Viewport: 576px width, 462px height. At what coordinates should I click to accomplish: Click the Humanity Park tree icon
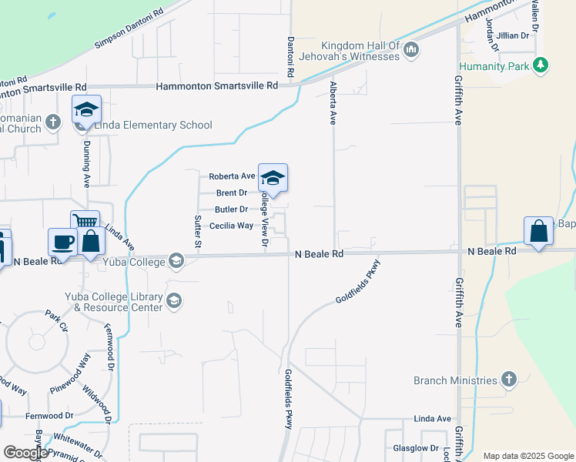542,65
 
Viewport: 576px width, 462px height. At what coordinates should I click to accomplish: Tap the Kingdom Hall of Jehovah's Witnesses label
361,50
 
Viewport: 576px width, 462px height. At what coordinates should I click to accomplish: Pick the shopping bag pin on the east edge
538,231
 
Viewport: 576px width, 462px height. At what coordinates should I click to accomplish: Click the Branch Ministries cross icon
507,380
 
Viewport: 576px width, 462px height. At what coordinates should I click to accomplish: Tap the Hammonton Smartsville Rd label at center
216,86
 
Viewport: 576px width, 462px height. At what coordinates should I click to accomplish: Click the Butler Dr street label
232,209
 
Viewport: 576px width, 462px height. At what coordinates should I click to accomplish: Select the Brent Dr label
232,193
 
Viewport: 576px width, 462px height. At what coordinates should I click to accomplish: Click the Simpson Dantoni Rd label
129,29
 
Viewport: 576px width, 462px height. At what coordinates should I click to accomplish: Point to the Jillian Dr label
513,35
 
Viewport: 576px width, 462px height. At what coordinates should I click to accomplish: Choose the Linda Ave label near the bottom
432,419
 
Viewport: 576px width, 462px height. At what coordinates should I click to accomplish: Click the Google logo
25,453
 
